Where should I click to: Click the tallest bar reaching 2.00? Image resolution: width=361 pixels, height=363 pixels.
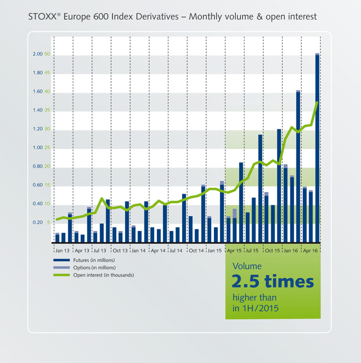[x=317, y=148]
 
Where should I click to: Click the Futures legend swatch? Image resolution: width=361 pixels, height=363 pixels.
[x=61, y=260]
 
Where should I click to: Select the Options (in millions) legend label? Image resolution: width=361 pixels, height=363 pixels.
[x=94, y=267]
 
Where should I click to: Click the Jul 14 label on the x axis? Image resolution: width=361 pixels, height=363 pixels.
[x=176, y=250]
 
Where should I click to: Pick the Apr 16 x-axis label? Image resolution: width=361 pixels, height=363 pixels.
[x=310, y=250]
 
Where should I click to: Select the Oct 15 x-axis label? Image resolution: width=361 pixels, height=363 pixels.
[x=272, y=250]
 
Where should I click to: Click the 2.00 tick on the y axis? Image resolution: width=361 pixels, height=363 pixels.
[x=38, y=54]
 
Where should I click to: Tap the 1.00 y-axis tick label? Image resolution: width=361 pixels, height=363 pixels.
[x=38, y=147]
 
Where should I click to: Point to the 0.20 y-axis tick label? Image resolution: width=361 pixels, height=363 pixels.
[x=38, y=222]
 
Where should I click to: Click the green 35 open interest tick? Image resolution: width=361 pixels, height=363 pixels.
[x=47, y=110]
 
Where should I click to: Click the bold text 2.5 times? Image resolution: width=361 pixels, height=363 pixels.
[x=272, y=281]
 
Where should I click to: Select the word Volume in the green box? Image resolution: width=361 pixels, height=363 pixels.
[x=247, y=266]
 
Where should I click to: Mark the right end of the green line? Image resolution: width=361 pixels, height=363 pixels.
[x=317, y=102]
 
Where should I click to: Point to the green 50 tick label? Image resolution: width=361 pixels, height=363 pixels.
[x=47, y=54]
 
